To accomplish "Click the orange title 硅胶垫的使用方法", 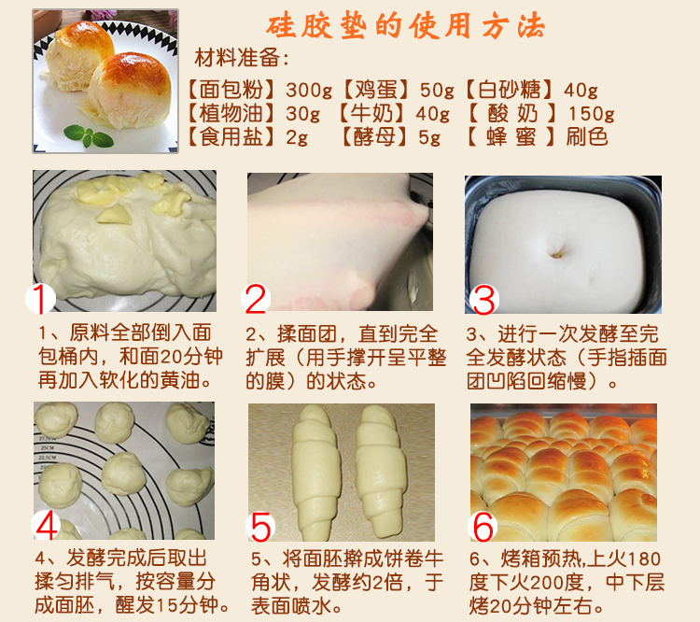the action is coord(405,25).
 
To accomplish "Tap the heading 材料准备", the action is coord(237,58).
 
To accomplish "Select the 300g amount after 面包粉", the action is coord(309,90).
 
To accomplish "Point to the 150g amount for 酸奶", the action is coord(591,114).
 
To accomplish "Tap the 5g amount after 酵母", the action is coord(429,137).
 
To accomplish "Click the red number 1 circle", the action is coord(40,299).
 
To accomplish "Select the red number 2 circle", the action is coord(256,299).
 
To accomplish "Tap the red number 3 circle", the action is coord(483,300).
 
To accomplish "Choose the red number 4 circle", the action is coord(47,526).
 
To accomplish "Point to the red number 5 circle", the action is coord(260,528).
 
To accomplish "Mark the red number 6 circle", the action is coord(483,527).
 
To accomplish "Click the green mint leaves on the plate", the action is coord(89,135).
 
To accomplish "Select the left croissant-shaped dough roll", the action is coord(315,473).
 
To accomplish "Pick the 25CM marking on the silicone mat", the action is coord(47,447).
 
